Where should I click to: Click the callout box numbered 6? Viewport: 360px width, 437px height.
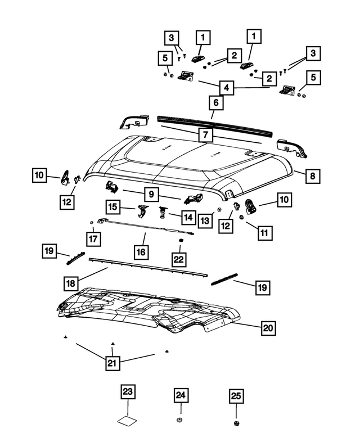(214, 103)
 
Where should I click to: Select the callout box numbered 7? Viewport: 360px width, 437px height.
(206, 135)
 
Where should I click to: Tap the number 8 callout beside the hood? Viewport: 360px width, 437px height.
(313, 176)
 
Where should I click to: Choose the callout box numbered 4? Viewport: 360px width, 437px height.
(226, 88)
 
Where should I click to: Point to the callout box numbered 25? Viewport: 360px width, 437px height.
(236, 396)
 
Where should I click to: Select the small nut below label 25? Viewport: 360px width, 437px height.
(236, 422)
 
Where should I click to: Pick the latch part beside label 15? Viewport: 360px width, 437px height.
(142, 210)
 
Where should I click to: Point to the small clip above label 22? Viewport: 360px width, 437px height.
(181, 240)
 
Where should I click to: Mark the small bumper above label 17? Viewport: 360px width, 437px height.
(91, 223)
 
